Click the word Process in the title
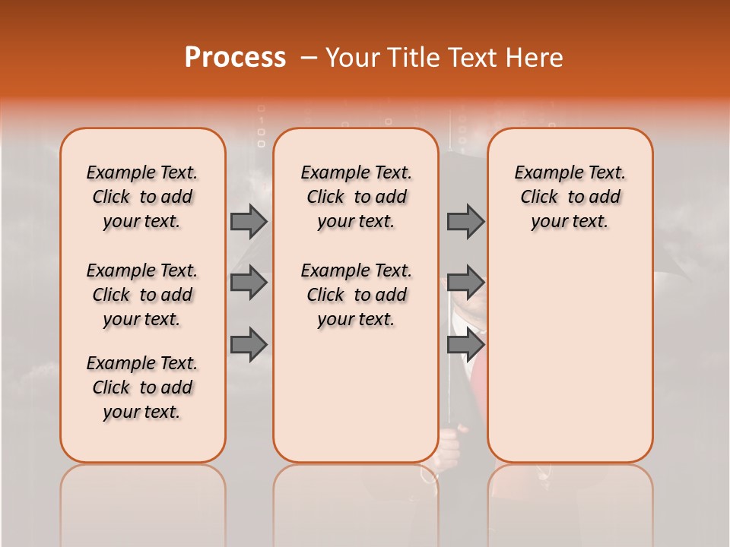pos(235,58)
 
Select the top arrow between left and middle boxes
pos(249,221)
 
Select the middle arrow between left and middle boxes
pos(249,283)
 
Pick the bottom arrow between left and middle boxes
pos(249,344)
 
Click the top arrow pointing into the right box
pos(465,221)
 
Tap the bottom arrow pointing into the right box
pos(465,344)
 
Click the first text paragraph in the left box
pos(142,197)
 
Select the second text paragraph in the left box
pos(142,295)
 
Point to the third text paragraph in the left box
pos(142,387)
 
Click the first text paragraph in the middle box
pos(356,197)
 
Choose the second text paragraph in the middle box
pos(356,295)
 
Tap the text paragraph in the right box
pos(570,197)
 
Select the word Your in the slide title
pos(354,58)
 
